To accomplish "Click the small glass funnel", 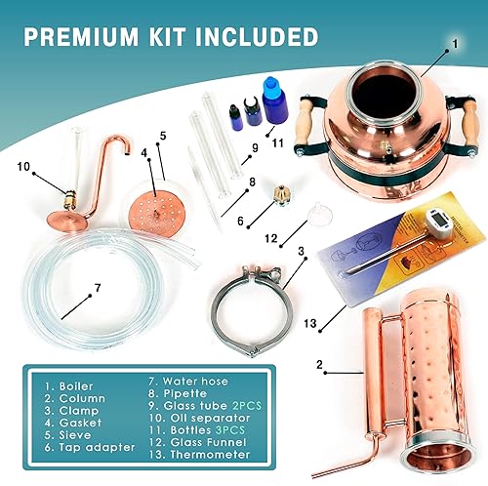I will pos(314,212).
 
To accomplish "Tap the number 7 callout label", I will pos(98,289).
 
